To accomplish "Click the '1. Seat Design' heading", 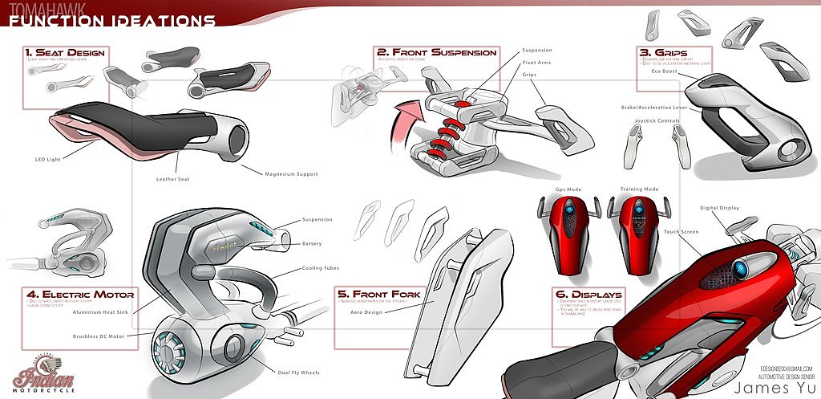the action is pyautogui.click(x=64, y=53).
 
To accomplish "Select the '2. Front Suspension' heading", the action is pyautogui.click(x=436, y=53).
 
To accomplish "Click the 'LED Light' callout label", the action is pyautogui.click(x=48, y=159).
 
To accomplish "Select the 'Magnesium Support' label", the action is pyautogui.click(x=291, y=173).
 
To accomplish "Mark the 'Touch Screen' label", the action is pyautogui.click(x=681, y=231).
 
